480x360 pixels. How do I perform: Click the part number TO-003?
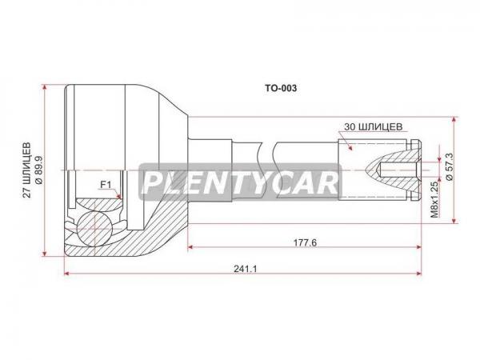point(281,88)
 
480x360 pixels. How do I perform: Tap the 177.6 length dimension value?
point(306,242)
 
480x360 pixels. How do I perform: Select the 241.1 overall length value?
point(246,269)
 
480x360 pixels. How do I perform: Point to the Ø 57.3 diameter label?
point(450,166)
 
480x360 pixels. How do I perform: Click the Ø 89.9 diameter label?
point(39,170)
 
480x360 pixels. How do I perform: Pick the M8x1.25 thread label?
point(434,198)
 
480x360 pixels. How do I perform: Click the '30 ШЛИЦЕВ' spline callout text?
point(373,126)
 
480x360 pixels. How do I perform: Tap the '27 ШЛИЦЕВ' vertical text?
point(27,170)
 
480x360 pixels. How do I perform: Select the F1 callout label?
point(106,185)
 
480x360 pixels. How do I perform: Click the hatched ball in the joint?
point(94,228)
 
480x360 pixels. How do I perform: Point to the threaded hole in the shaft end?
point(398,170)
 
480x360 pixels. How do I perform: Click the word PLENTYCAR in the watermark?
point(241,183)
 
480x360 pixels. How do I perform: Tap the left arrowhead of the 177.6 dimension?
point(190,247)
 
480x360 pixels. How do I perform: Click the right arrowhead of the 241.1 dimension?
point(418,273)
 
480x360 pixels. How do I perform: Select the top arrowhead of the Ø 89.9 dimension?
point(45,88)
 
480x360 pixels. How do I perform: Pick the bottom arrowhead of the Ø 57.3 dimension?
point(454,220)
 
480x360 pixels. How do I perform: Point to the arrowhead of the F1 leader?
point(120,196)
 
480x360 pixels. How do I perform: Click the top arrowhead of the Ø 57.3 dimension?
point(454,120)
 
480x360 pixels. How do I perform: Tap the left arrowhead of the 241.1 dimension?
point(67,273)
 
